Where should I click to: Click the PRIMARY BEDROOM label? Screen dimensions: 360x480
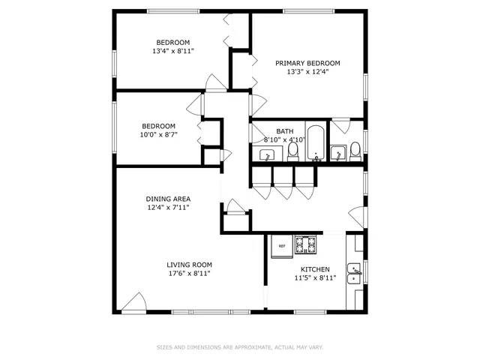click(307, 63)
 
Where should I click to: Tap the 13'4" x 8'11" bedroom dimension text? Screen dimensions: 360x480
click(172, 52)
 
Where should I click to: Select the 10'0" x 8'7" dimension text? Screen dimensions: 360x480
click(159, 135)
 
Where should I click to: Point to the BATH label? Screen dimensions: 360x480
click(285, 131)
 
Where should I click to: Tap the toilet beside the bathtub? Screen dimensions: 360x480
click(293, 151)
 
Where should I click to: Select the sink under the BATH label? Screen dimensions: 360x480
click(267, 154)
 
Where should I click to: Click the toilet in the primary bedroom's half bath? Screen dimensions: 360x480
click(355, 148)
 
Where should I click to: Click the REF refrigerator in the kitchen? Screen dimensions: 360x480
click(283, 246)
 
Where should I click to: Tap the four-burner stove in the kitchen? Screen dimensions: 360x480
click(307, 244)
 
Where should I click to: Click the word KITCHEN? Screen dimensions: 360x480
click(315, 268)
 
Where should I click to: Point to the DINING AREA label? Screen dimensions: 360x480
click(168, 199)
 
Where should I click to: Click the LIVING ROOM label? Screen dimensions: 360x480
click(189, 265)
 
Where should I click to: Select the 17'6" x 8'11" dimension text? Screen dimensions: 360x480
click(189, 274)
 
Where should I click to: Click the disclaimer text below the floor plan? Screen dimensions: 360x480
click(240, 347)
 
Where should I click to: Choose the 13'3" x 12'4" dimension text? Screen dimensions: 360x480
click(307, 72)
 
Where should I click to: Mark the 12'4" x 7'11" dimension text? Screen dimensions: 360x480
click(168, 208)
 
